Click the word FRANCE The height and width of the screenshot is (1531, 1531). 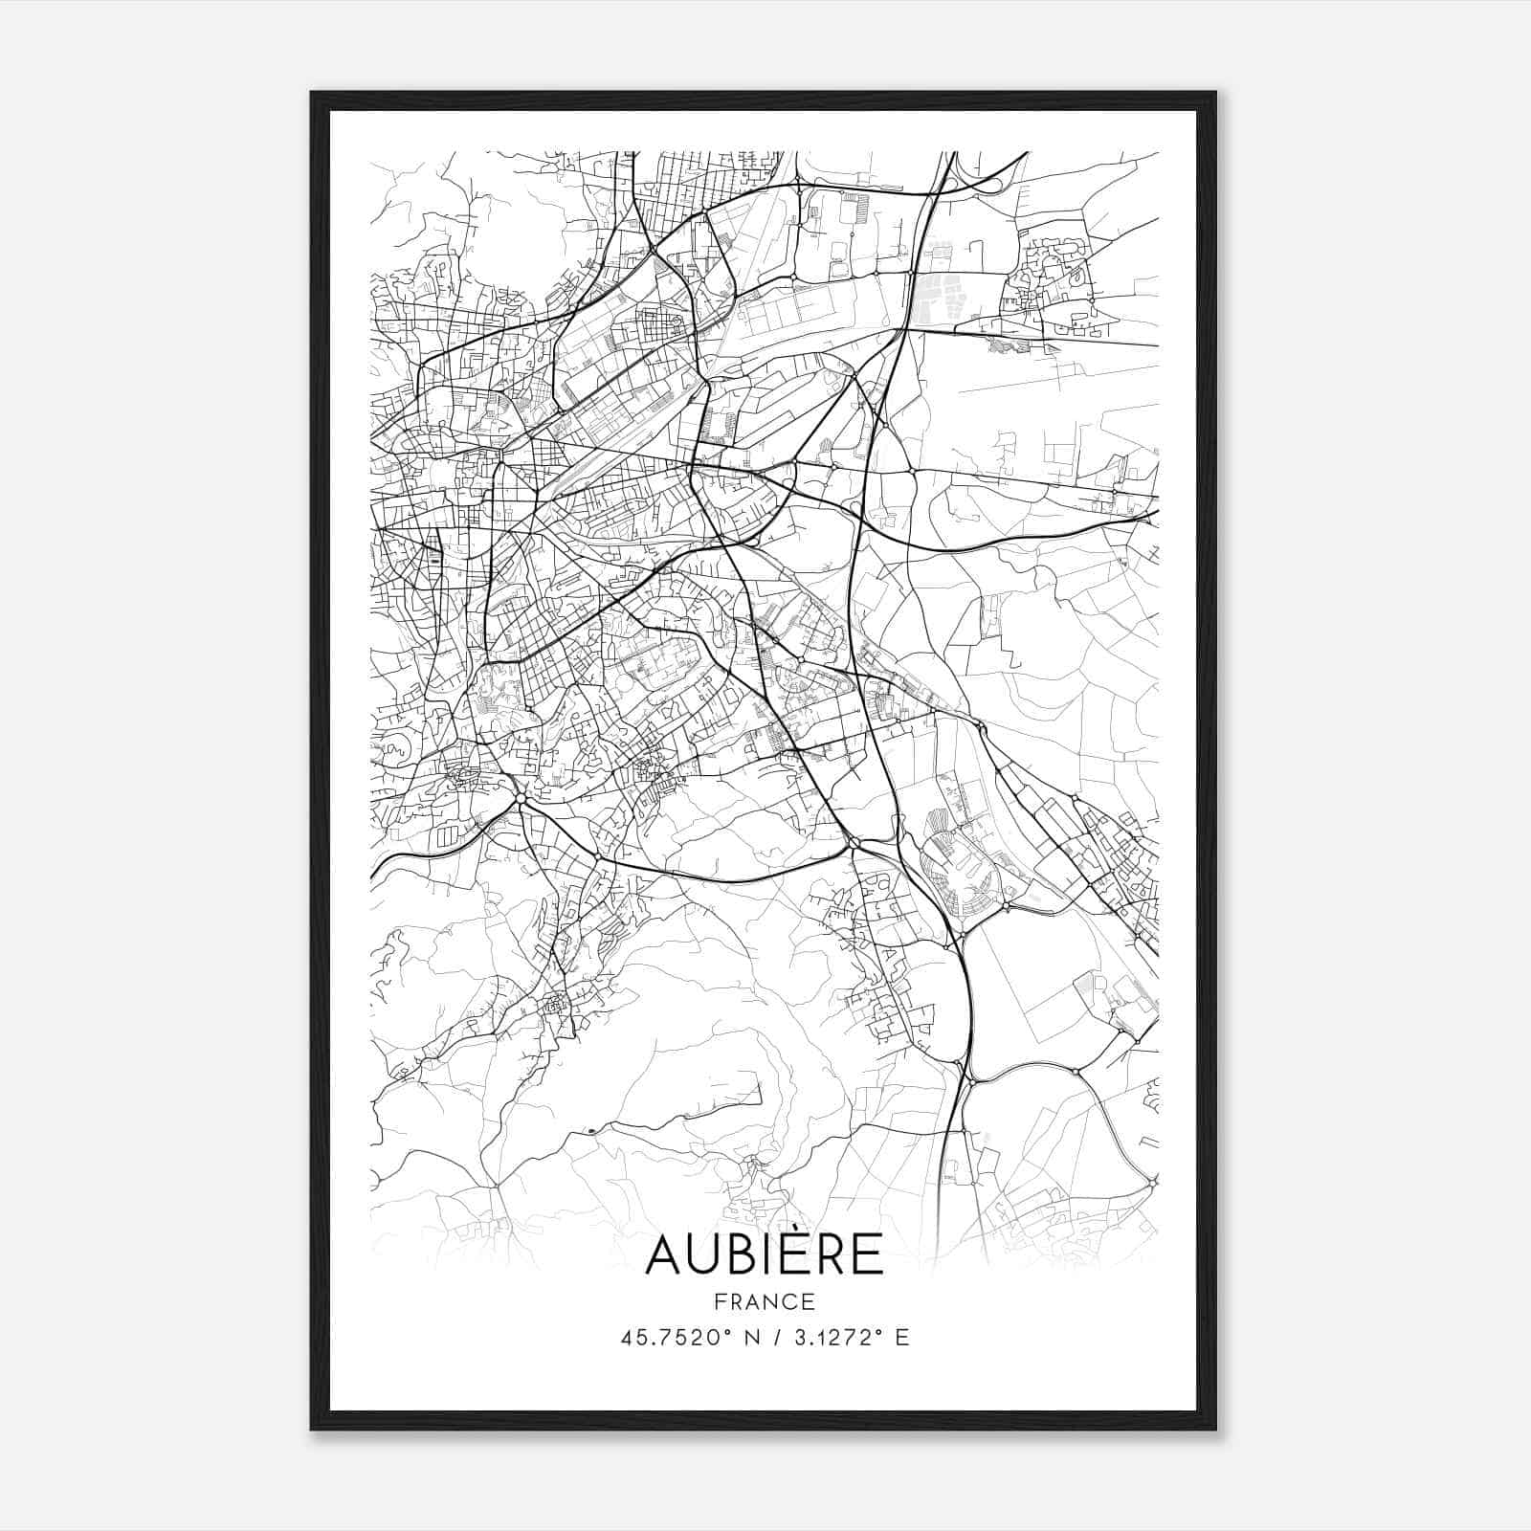pos(765,1302)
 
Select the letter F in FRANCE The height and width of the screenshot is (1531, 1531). pos(721,1302)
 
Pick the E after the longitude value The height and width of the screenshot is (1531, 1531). pos(901,1338)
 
